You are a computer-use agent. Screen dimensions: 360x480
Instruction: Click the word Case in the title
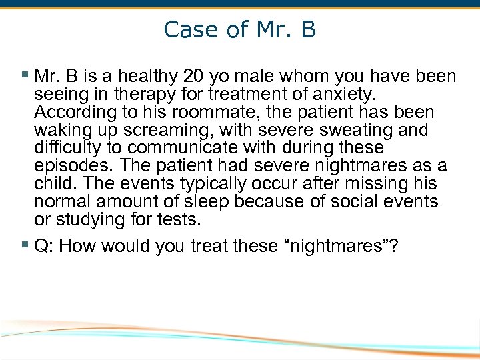tap(185, 30)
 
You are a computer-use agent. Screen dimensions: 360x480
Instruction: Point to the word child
tap(51, 183)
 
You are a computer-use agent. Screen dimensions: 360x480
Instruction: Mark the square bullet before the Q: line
tap(25, 246)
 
